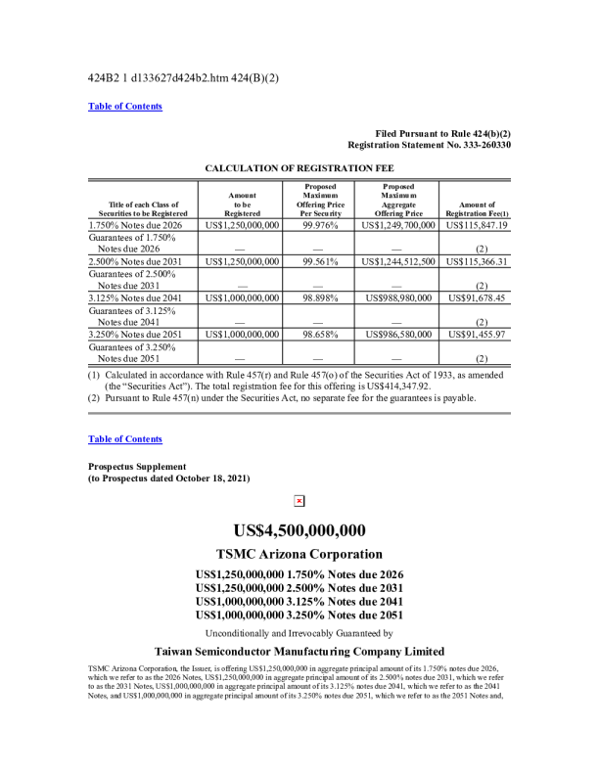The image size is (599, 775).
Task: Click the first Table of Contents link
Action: [x=125, y=107]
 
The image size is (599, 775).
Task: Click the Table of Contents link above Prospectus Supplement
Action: [x=125, y=439]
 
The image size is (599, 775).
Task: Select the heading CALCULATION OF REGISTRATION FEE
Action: [x=299, y=168]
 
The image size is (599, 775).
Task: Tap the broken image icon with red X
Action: [x=299, y=501]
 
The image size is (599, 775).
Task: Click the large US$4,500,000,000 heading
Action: [x=299, y=530]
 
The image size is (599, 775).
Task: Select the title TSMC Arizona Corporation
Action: [x=299, y=554]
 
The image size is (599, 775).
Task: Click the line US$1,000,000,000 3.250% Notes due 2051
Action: [x=299, y=615]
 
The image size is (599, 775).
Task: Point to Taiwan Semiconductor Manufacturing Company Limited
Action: [x=299, y=652]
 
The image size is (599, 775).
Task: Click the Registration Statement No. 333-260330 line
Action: [x=429, y=145]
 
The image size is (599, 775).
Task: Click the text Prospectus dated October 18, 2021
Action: [x=172, y=478]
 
